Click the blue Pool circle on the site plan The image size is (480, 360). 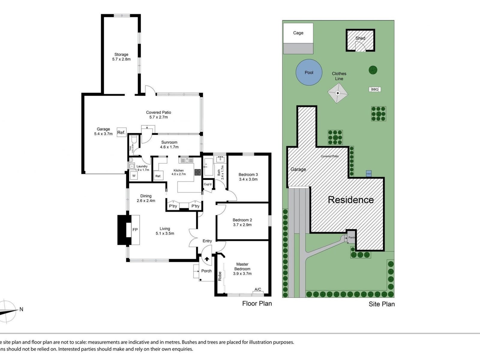click(309, 72)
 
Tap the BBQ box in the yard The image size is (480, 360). click(375, 89)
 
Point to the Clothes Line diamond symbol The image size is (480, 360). click(338, 93)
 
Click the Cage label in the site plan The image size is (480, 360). click(298, 33)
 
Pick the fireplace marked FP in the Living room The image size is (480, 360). click(135, 230)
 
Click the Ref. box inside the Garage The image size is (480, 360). click(121, 132)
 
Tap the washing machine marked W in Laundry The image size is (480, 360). click(134, 176)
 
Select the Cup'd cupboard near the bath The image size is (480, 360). click(208, 184)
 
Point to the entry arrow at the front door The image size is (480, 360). click(207, 259)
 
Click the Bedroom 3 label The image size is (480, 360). click(248, 175)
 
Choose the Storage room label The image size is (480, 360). click(121, 55)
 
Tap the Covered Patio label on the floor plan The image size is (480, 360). click(158, 112)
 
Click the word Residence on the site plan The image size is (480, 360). click(351, 200)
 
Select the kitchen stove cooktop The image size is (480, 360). click(197, 172)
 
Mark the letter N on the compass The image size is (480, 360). click(21, 309)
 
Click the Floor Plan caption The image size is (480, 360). click(257, 304)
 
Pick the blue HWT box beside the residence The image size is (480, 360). click(369, 174)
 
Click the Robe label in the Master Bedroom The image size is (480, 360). click(220, 276)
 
